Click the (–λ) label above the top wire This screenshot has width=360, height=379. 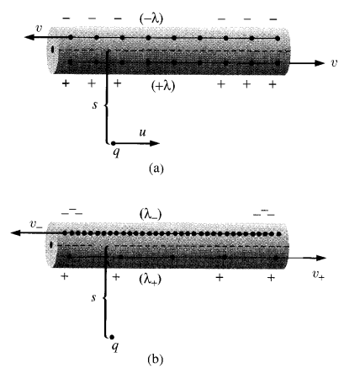[151, 19]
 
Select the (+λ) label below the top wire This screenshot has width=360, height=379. [162, 85]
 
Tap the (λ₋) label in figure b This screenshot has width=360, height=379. [151, 215]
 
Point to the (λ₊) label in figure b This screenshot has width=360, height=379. [151, 280]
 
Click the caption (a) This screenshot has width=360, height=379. [156, 168]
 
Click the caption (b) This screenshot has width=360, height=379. [155, 359]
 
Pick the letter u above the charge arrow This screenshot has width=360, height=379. [143, 132]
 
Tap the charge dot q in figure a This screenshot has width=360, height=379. [113, 143]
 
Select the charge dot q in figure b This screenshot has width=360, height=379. [112, 337]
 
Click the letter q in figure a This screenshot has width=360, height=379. [116, 152]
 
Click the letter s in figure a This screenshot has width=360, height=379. [95, 104]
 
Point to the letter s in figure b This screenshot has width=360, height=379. [93, 297]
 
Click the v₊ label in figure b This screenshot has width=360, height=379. [319, 275]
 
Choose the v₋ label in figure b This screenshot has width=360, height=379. [36, 224]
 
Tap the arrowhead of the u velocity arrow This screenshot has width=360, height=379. [155, 143]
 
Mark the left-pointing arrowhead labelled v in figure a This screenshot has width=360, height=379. [29, 37]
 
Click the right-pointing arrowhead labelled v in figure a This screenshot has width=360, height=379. [320, 63]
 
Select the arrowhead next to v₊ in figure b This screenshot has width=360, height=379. [321, 258]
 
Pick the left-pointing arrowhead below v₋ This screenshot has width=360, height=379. [16, 232]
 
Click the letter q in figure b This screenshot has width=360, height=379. [115, 347]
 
